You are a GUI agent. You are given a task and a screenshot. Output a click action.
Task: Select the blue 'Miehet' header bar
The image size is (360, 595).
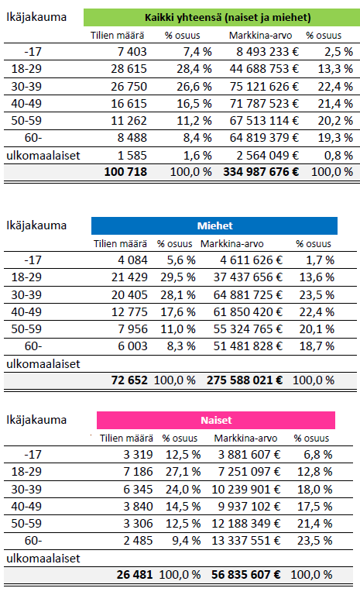point(214,225)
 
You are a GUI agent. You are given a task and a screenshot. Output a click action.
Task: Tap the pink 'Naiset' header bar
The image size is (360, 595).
point(216,420)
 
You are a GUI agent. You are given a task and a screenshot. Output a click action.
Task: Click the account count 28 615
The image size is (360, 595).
point(129,69)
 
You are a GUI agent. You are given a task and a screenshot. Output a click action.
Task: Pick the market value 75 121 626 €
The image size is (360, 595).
point(264,87)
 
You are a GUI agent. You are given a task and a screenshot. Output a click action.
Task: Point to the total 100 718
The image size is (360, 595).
point(125,172)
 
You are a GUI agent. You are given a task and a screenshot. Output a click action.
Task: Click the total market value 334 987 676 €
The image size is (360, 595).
point(261,172)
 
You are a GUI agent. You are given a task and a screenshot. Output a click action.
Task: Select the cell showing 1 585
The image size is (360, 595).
point(132,155)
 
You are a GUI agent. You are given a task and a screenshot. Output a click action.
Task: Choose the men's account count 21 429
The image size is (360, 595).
point(129,277)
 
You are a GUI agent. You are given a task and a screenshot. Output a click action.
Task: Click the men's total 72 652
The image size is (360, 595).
point(129,380)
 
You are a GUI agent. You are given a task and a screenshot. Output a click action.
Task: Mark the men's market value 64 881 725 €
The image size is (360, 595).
point(248,295)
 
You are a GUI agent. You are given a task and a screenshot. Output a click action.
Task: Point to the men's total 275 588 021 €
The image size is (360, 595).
point(245,380)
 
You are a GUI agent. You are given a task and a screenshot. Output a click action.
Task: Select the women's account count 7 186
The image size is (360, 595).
point(138,471)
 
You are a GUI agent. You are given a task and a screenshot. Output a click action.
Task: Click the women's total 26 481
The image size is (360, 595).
point(135,575)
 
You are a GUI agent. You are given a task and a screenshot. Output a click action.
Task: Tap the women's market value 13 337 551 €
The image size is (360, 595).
point(246,540)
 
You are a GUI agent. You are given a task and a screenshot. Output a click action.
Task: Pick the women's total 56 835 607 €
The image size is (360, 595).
point(246,575)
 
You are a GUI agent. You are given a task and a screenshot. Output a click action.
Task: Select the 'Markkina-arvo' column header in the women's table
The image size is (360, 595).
point(245,439)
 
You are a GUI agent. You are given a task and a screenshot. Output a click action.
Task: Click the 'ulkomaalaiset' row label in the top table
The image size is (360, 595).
point(43,156)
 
